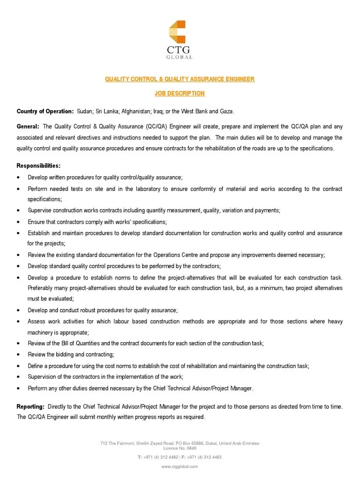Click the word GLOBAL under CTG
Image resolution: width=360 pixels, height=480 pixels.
point(180,57)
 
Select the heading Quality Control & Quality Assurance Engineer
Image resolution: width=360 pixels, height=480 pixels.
point(180,79)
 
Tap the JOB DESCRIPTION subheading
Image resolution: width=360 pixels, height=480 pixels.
point(180,93)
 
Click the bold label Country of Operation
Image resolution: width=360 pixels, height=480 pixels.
point(45,111)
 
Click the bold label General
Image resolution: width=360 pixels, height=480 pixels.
point(28,126)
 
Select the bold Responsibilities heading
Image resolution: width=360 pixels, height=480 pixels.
point(38,166)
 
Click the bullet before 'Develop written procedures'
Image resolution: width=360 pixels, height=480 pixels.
point(18,178)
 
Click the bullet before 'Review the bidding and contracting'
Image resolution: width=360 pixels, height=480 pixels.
point(18,355)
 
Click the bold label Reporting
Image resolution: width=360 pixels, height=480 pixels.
point(31,407)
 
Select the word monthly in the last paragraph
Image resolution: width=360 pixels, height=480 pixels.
point(95,417)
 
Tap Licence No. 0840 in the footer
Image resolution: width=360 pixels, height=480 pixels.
point(180,448)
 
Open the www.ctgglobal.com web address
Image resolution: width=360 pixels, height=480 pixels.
point(180,466)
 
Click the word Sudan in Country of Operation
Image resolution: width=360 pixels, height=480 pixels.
point(84,111)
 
